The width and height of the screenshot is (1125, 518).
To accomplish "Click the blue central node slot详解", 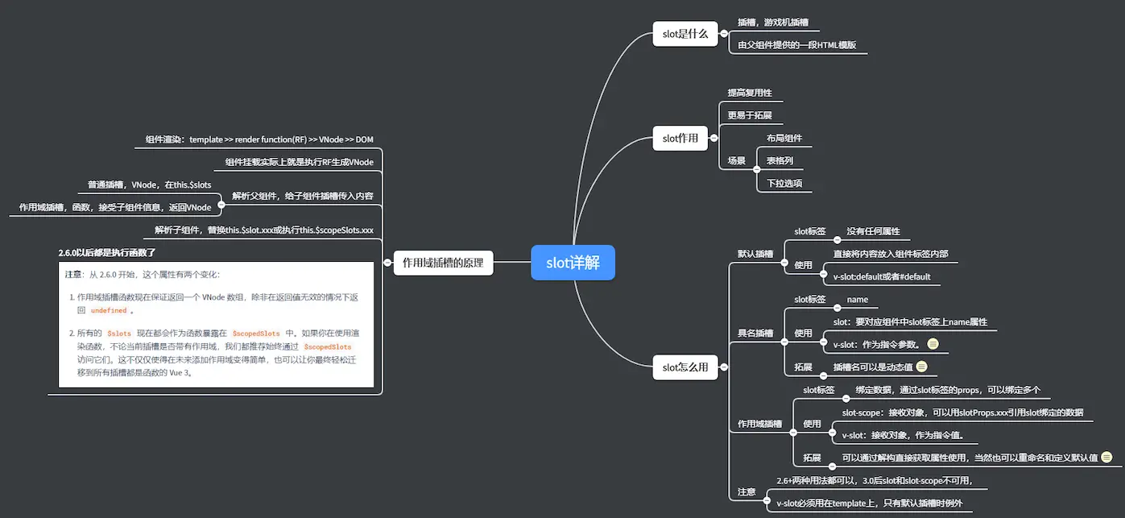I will [573, 263].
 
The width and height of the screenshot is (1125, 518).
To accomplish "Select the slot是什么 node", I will [685, 34].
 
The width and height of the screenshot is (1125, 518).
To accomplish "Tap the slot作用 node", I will [680, 139].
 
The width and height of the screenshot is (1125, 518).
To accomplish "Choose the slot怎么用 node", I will [685, 367].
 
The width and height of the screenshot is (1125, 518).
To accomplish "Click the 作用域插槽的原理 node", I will [443, 263].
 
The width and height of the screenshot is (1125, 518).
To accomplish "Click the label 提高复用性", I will [750, 93].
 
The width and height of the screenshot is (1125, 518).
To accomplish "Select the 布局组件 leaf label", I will [784, 139].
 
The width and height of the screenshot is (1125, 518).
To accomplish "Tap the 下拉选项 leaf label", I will [784, 184].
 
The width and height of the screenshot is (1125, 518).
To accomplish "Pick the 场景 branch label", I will [736, 161].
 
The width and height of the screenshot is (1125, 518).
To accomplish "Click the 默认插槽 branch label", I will [755, 254].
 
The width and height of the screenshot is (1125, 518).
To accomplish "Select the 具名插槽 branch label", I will [755, 333].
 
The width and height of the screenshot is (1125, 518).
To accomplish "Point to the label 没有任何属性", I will [873, 231].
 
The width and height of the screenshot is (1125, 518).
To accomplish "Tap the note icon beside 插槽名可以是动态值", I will [922, 367].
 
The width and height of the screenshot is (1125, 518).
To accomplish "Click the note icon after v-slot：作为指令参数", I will [933, 344].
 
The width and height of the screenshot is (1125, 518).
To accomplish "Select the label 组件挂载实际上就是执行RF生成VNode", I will [299, 162].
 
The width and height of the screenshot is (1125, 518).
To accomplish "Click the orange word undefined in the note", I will [109, 310].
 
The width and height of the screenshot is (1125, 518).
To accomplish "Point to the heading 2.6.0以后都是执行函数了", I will [107, 253].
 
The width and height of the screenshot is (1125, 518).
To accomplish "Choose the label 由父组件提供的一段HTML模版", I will [796, 46].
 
